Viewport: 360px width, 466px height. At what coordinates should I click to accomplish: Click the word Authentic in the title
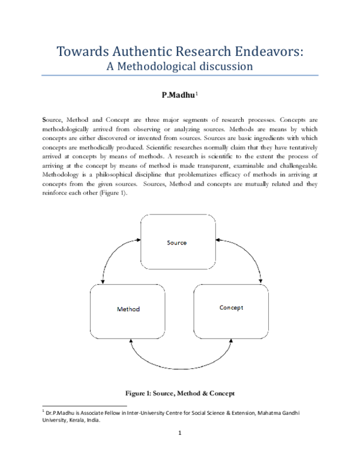pyautogui.click(x=142, y=51)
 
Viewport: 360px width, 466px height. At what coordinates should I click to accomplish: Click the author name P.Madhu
pyautogui.click(x=178, y=95)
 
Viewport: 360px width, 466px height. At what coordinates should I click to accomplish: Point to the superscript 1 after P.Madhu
pyautogui.click(x=197, y=93)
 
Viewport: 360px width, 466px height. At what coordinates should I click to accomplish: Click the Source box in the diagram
pyautogui.click(x=178, y=242)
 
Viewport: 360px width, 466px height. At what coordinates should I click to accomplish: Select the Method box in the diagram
pyautogui.click(x=128, y=312)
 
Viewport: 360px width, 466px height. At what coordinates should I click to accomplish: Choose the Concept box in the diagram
pyautogui.click(x=231, y=312)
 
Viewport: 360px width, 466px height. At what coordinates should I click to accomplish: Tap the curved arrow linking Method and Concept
pyautogui.click(x=181, y=369)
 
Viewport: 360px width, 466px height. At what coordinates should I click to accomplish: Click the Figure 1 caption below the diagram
pyautogui.click(x=180, y=393)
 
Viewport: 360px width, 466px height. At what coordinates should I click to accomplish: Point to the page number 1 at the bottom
pyautogui.click(x=180, y=433)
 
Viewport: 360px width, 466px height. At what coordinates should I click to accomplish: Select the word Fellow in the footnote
pyautogui.click(x=112, y=413)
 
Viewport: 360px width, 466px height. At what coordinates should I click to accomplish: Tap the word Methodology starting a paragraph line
pyautogui.click(x=60, y=175)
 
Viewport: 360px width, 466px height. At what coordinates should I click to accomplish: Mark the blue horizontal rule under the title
pyautogui.click(x=180, y=76)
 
